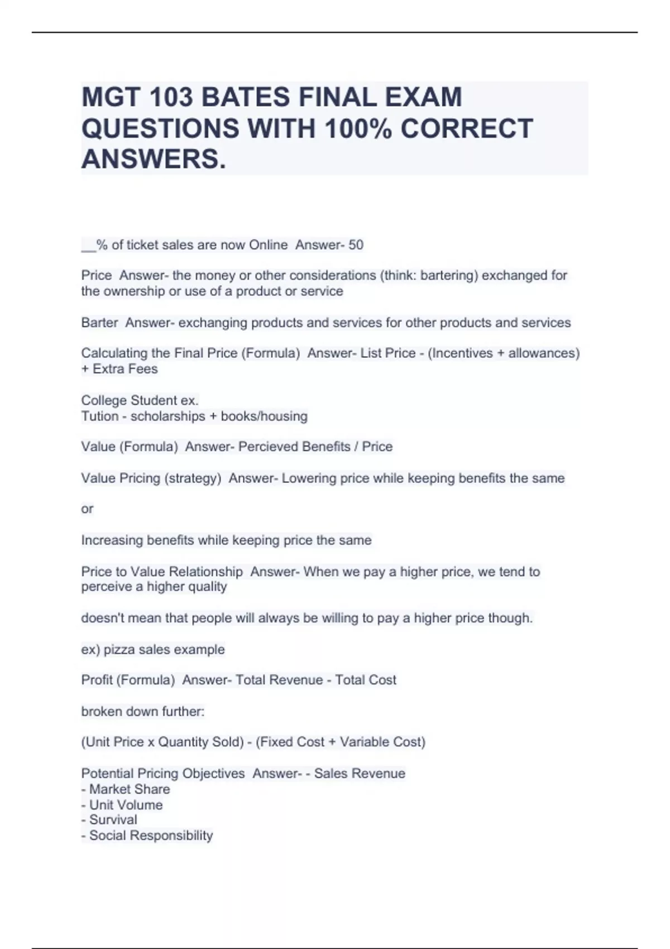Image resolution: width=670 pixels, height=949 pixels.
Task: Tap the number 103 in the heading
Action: (x=170, y=97)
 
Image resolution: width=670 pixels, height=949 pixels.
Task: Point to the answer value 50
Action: (x=356, y=245)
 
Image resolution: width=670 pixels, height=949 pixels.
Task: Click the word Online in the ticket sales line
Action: (x=268, y=245)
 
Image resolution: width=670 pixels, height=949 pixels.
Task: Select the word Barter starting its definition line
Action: (x=99, y=323)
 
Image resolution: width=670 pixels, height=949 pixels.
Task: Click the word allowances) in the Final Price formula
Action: (x=544, y=353)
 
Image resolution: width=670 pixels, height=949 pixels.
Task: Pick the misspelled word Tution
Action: (x=100, y=416)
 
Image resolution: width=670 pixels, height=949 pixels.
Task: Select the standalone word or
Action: (x=87, y=509)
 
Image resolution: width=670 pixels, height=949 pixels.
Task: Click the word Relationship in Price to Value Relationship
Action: (x=205, y=572)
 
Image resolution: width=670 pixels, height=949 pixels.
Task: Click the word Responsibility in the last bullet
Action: (x=171, y=836)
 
